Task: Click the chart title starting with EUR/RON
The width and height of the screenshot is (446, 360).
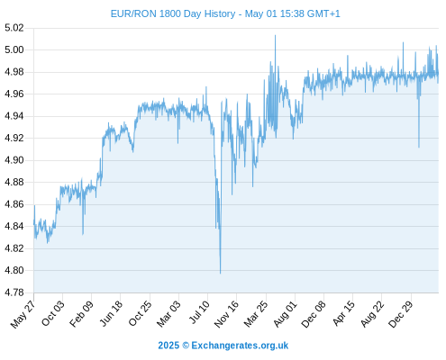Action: point(225,13)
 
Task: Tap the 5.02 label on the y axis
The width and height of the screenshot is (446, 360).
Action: point(14,28)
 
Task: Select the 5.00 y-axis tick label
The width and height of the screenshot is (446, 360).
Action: point(14,49)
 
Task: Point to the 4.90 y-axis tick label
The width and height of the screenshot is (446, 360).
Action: point(14,160)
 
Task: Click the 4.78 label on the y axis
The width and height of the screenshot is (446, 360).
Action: point(14,292)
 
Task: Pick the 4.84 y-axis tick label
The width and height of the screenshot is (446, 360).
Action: point(14,226)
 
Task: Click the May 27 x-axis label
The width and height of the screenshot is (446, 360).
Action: point(23,314)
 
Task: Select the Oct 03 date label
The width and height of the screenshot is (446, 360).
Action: point(53,313)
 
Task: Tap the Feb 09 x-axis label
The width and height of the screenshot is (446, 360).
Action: point(81,313)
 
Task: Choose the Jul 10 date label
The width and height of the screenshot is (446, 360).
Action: point(199,312)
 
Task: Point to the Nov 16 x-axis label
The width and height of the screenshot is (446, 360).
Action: point(226,314)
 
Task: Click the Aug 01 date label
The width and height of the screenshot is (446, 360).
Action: point(285,314)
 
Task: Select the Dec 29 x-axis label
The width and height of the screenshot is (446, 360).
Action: point(401,314)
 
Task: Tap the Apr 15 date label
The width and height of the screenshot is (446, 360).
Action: point(343,313)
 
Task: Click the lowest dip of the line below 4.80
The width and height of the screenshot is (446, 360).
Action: point(220,274)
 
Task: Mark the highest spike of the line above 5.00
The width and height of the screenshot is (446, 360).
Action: point(275,35)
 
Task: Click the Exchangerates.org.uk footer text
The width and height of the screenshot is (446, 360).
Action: point(240,346)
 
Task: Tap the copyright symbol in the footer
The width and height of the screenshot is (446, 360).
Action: point(186,346)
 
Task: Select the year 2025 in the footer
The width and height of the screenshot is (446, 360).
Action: point(168,346)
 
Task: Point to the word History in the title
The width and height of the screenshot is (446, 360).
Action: point(220,13)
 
